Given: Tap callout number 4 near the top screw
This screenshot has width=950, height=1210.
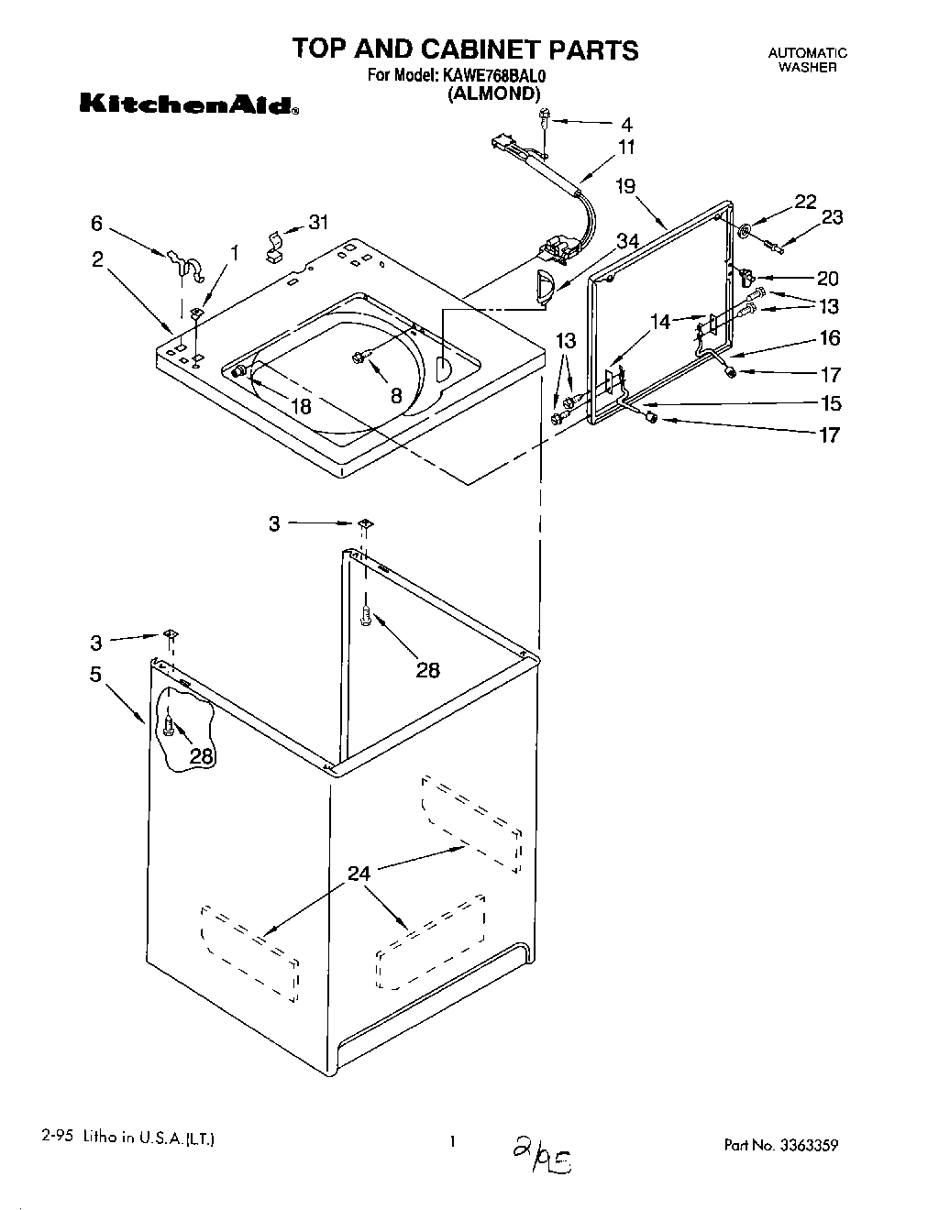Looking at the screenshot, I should tap(626, 124).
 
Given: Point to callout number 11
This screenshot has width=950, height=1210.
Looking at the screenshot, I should tap(626, 147).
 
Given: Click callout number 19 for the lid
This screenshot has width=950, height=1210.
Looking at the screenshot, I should tap(625, 187).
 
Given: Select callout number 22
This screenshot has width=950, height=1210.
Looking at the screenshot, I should tap(805, 203).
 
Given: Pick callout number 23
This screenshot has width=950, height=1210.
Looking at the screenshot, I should tap(832, 217).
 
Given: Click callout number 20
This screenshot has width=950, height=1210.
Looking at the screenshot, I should tap(828, 279).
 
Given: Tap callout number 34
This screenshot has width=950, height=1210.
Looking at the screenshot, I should tap(627, 241).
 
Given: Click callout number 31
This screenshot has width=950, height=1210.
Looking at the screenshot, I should tap(317, 222).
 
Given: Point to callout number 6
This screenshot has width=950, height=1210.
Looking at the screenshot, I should tap(97, 223).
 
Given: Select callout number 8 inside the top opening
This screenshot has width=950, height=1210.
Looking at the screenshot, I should tap(395, 396).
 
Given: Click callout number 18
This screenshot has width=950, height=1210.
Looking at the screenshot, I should tap(301, 405).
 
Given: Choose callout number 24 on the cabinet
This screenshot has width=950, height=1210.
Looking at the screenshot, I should tap(359, 874).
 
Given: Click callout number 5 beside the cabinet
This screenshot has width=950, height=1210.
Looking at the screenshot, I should tap(96, 675).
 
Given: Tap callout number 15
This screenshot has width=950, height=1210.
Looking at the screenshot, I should tap(830, 403).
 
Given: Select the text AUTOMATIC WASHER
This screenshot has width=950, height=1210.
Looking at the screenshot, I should tap(807, 60).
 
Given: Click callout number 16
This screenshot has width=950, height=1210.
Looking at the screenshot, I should tap(830, 338).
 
